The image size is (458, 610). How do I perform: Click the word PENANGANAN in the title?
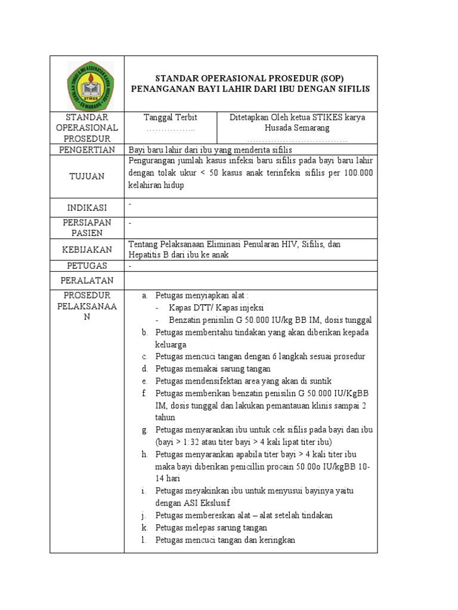160,89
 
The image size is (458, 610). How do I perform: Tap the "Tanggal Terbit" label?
171,117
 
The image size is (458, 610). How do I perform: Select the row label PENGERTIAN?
86,150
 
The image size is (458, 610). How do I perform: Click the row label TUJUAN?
86,176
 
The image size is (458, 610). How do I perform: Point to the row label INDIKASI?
86,207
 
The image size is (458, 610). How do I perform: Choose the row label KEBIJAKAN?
86,250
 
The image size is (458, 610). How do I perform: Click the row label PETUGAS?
86,265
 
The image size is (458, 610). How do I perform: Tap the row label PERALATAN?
86,280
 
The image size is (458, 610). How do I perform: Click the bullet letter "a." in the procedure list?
144,295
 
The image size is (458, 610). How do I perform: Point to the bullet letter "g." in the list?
144,430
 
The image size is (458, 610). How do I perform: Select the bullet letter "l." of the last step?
144,540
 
